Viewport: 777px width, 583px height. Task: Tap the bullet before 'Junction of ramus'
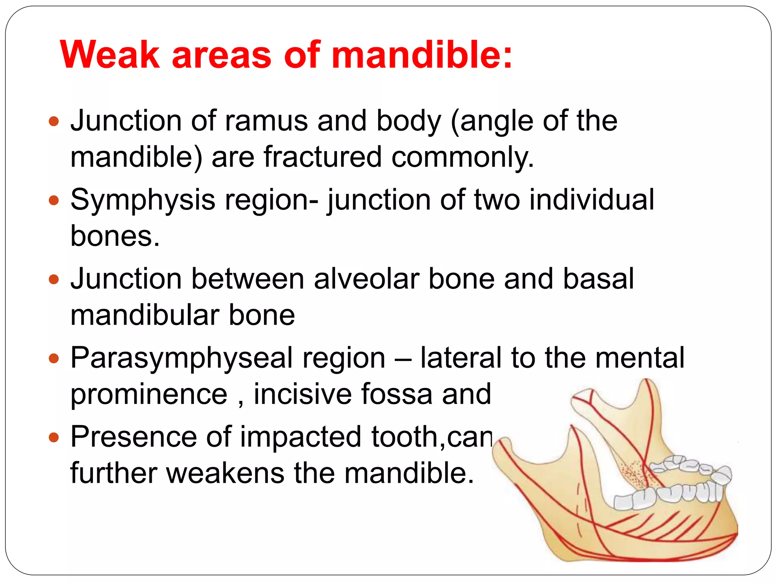[x=54, y=121]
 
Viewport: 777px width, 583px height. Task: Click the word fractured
[x=322, y=157]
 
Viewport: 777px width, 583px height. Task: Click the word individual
[x=591, y=200]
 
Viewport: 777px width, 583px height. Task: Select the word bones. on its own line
[x=115, y=236]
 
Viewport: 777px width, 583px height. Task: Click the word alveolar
[x=366, y=279]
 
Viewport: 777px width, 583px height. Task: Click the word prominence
[x=149, y=395]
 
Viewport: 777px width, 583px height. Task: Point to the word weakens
[x=225, y=473]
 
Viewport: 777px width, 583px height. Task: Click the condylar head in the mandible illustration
[x=582, y=399]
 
